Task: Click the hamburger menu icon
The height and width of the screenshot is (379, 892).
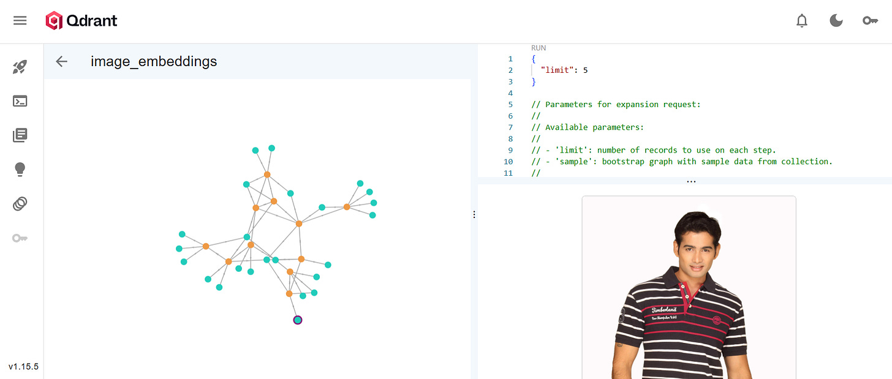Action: click(20, 21)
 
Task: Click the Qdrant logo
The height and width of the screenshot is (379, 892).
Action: click(81, 21)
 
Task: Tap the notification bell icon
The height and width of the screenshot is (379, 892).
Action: click(802, 21)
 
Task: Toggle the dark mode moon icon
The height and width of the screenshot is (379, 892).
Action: click(836, 21)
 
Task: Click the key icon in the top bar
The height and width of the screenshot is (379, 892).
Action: click(870, 21)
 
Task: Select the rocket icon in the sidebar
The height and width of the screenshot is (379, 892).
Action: click(20, 67)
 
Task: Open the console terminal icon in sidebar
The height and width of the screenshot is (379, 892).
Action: click(20, 101)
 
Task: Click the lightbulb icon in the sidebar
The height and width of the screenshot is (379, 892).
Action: click(20, 170)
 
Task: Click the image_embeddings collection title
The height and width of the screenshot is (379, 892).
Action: click(154, 61)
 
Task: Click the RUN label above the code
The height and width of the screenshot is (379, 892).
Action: click(539, 48)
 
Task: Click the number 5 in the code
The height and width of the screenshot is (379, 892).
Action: click(585, 70)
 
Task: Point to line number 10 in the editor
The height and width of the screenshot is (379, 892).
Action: click(508, 162)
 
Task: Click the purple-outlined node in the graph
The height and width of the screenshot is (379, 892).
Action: click(298, 320)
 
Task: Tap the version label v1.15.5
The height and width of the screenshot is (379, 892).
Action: click(23, 367)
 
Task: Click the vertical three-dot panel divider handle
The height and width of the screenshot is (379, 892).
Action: click(474, 214)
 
